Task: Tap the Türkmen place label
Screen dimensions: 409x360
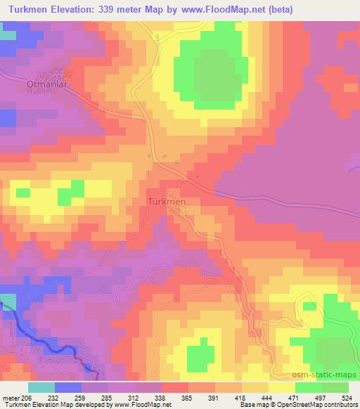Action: [167, 202]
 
